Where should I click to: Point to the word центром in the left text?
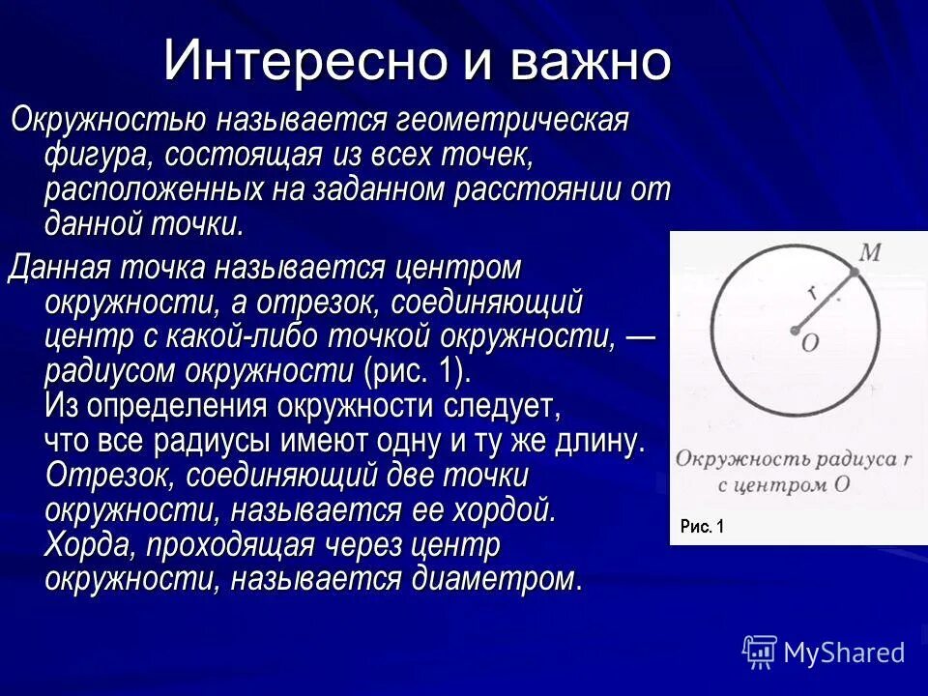point(454,268)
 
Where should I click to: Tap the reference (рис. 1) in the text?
point(417,371)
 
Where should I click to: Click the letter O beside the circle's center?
point(810,342)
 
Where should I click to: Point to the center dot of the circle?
point(795,331)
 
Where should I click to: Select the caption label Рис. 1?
point(701,527)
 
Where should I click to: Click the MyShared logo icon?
point(759,652)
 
